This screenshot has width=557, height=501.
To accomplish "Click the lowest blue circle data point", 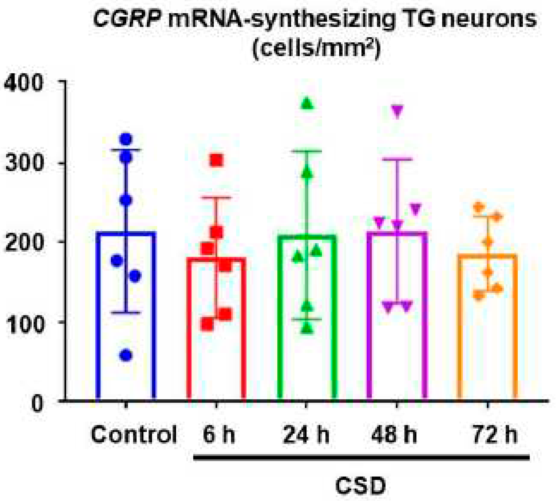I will click(x=126, y=355).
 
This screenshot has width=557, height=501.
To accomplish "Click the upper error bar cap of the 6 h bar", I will click(x=216, y=197).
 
